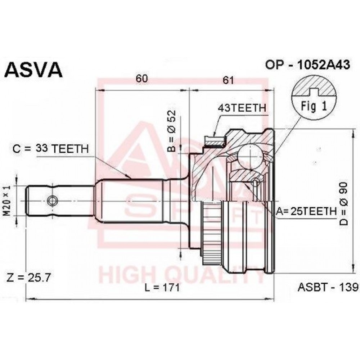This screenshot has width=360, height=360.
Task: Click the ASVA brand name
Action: pyautogui.click(x=34, y=69)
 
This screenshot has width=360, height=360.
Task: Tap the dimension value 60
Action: pyautogui.click(x=141, y=78)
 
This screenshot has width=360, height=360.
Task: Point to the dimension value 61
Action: pyautogui.click(x=228, y=80)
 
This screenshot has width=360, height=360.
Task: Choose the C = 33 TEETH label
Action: pyautogui.click(x=50, y=149)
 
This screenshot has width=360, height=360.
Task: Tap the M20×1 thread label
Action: pyautogui.click(x=8, y=201)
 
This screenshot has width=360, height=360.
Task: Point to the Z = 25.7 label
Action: pyautogui.click(x=28, y=277)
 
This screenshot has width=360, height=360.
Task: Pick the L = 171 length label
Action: pyautogui.click(x=162, y=287)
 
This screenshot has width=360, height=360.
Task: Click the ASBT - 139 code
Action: pyautogui.click(x=328, y=287)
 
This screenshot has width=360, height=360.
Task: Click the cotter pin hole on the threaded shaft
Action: pyautogui.click(x=53, y=201)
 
